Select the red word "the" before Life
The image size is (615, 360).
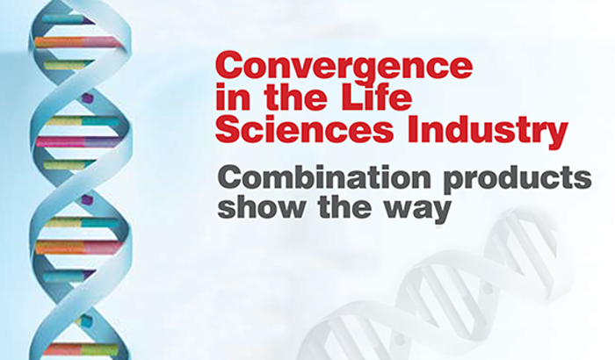click(x=279, y=99)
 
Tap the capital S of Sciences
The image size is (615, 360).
click(x=228, y=131)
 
